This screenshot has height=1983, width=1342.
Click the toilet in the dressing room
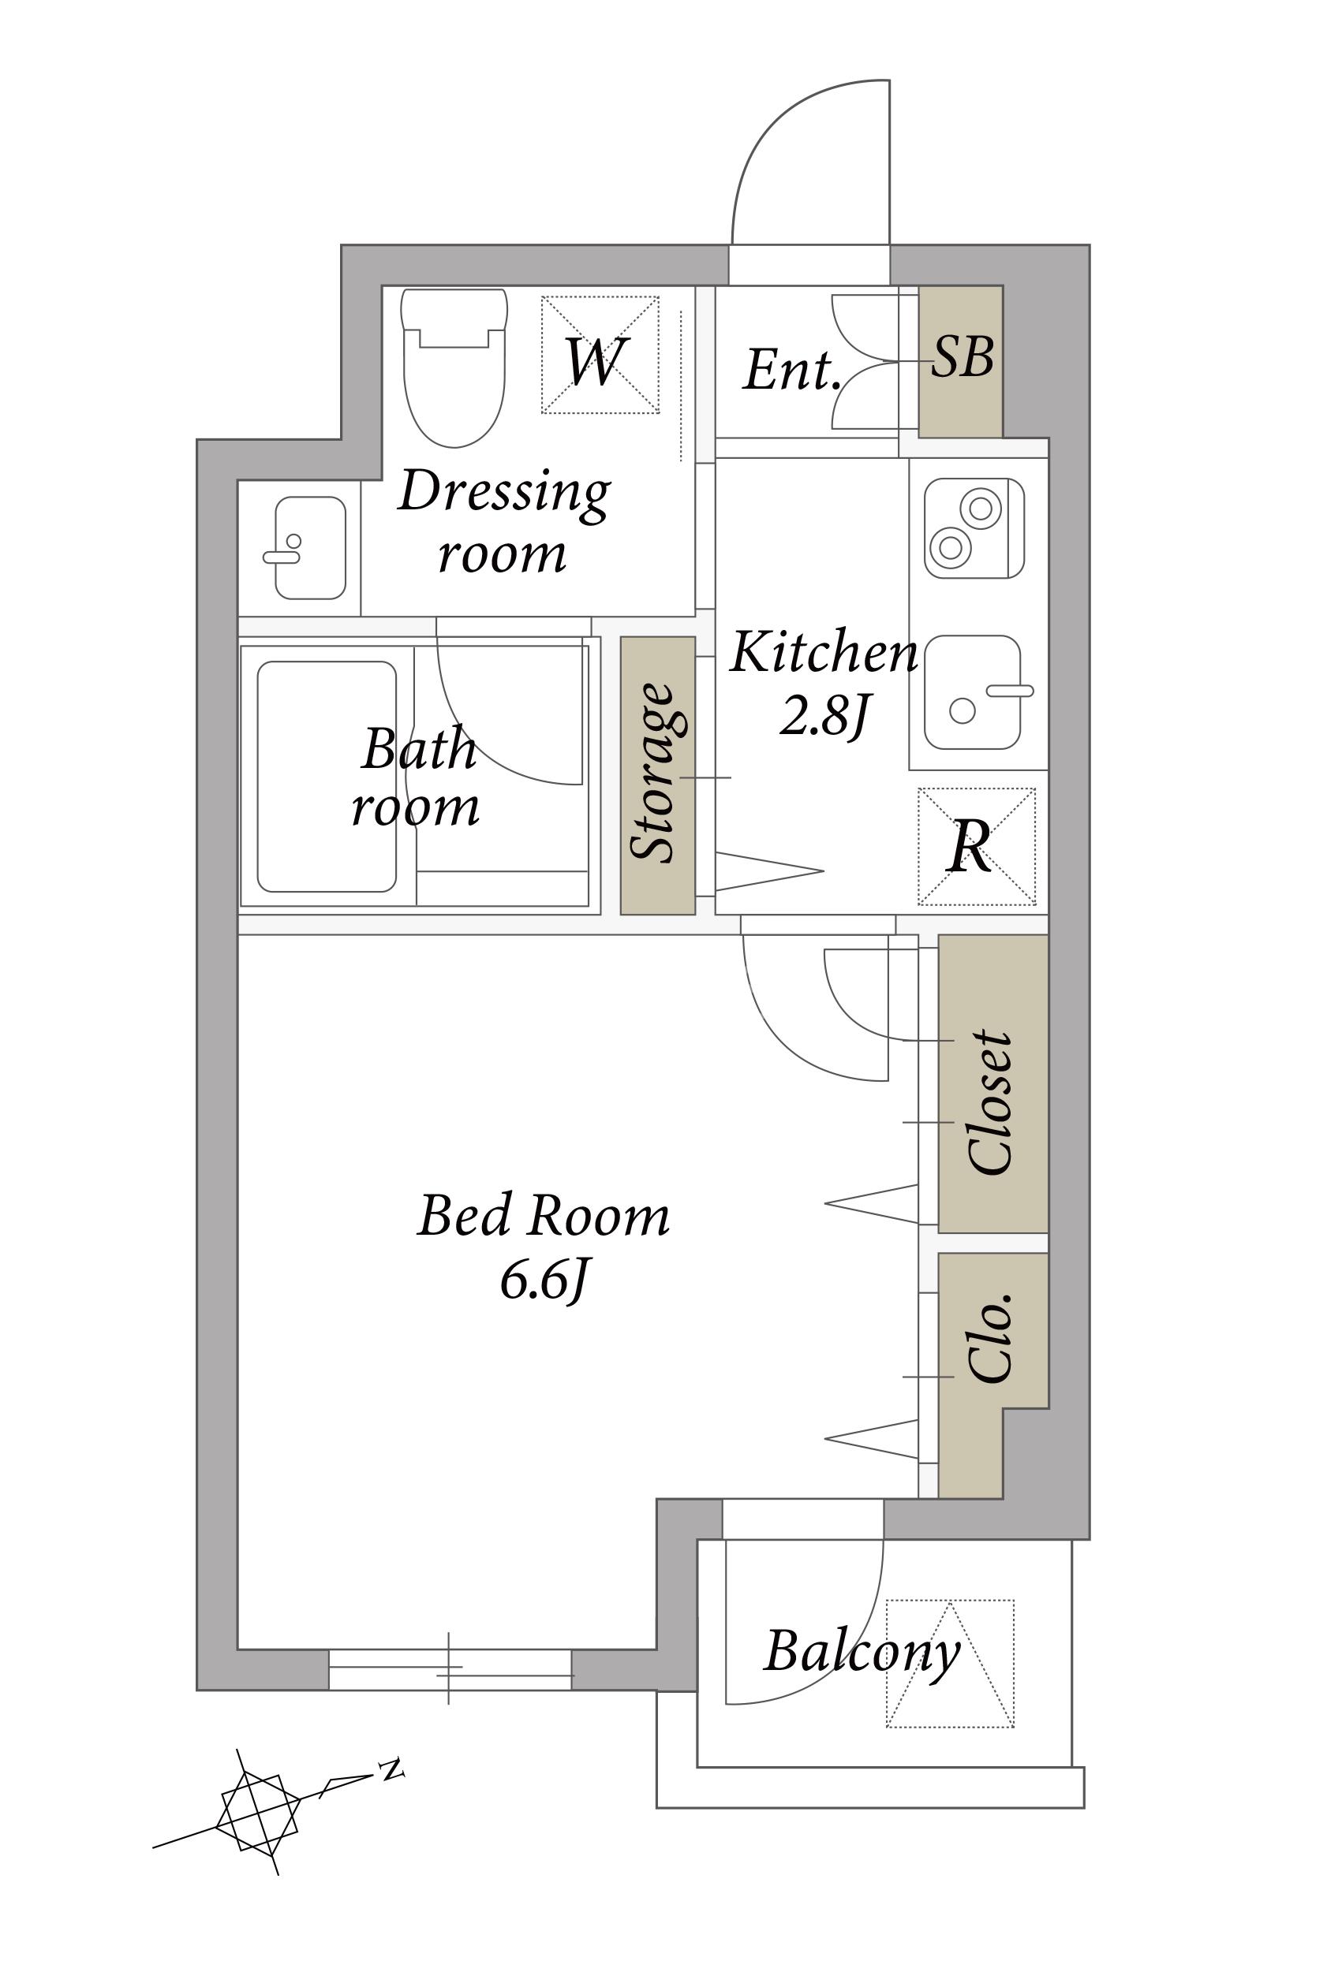pos(454,367)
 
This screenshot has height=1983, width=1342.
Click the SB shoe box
pos(960,361)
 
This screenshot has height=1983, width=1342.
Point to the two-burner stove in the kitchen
pos(974,528)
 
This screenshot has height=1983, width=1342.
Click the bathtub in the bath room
pos(326,777)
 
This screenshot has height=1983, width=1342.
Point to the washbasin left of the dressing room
pos(310,548)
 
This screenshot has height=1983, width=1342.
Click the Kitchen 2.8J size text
pos(824,682)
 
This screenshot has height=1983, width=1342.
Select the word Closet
pos(991,1102)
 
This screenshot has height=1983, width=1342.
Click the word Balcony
pos(862,1653)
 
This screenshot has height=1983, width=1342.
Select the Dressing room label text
pos(503,521)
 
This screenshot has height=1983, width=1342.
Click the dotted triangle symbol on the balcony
pos(950,1664)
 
